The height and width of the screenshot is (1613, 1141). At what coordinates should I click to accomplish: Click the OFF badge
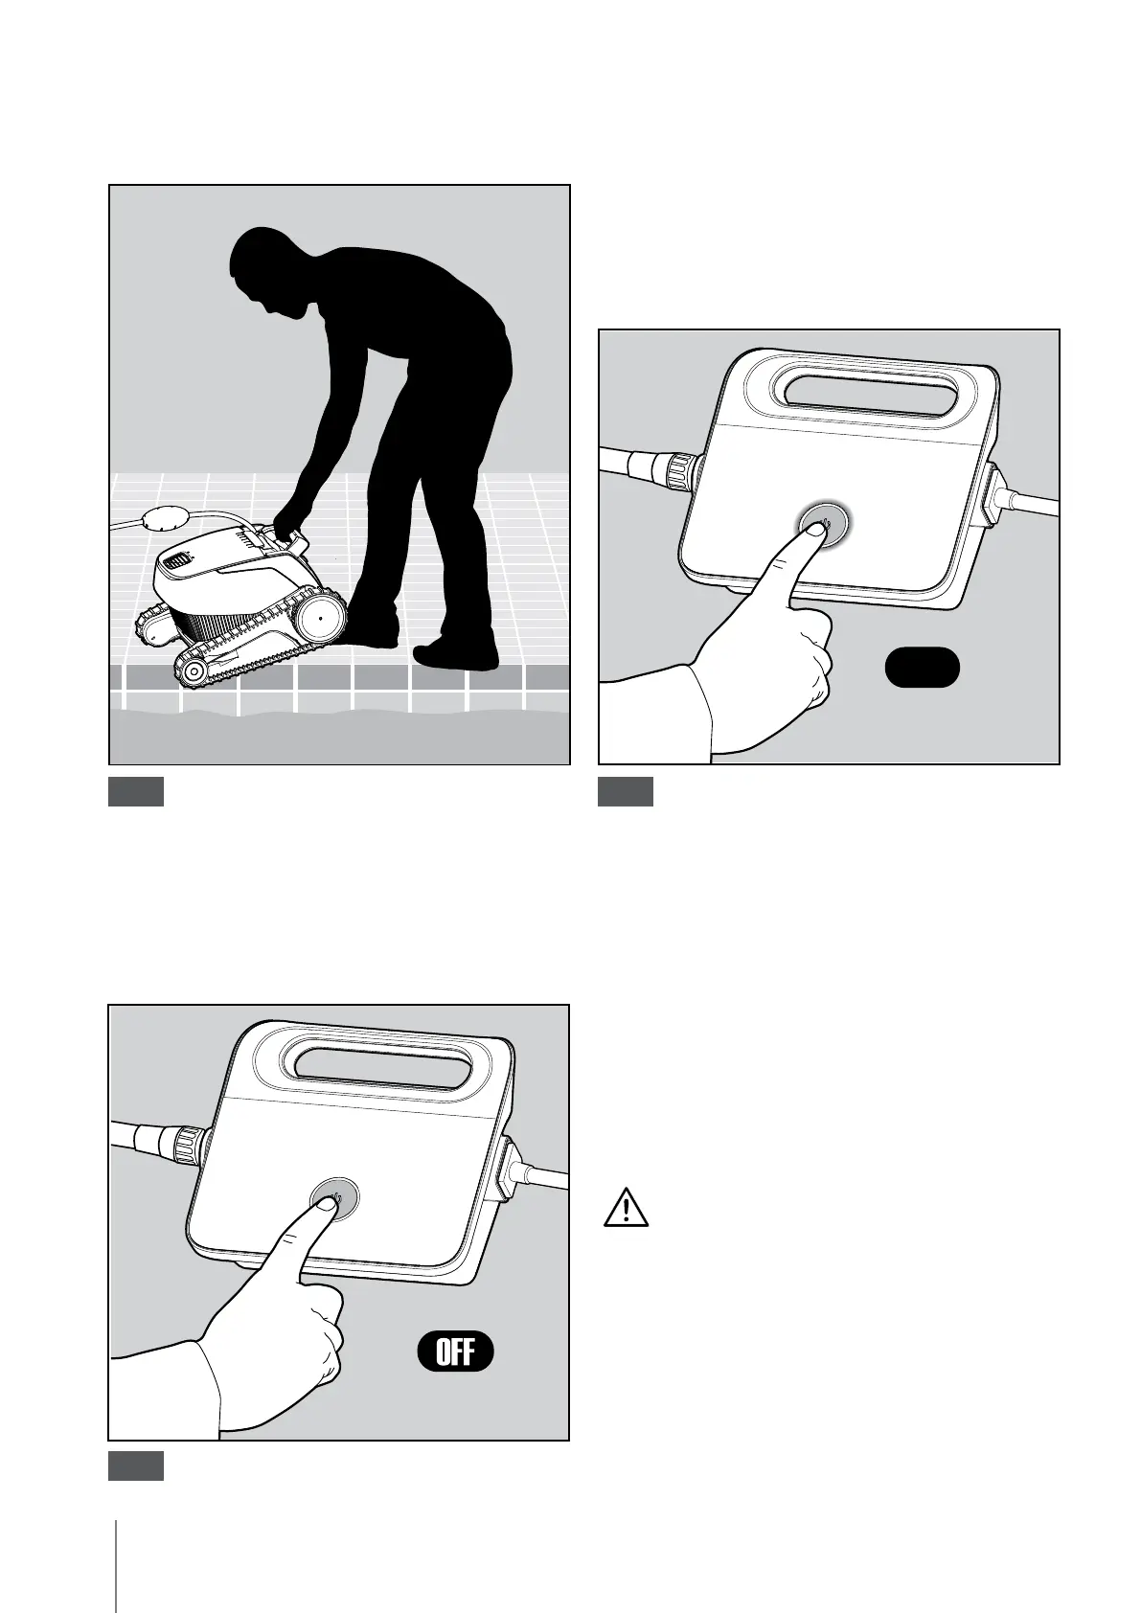(x=455, y=1352)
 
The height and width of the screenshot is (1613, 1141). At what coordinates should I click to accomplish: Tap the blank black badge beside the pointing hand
(x=922, y=668)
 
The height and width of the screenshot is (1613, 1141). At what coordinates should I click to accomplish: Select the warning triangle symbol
(x=626, y=1208)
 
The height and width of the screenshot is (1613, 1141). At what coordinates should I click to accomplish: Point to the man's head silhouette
(x=270, y=270)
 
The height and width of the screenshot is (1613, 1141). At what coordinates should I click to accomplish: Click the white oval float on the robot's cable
(x=168, y=518)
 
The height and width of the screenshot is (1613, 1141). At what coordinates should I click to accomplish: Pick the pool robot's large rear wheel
(x=320, y=620)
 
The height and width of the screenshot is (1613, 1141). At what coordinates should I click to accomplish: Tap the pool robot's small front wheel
(x=194, y=671)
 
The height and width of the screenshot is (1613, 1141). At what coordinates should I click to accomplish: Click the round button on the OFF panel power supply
(x=334, y=1198)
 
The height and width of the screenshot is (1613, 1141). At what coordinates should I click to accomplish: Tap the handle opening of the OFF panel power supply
(x=383, y=1070)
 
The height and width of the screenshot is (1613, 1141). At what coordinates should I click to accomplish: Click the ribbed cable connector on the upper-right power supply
(x=680, y=472)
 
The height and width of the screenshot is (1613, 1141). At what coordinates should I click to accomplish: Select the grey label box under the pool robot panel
(x=136, y=791)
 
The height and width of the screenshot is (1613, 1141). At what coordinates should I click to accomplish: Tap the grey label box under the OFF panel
(x=136, y=1465)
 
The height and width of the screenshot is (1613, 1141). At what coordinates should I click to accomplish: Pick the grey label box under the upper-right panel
(x=626, y=791)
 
